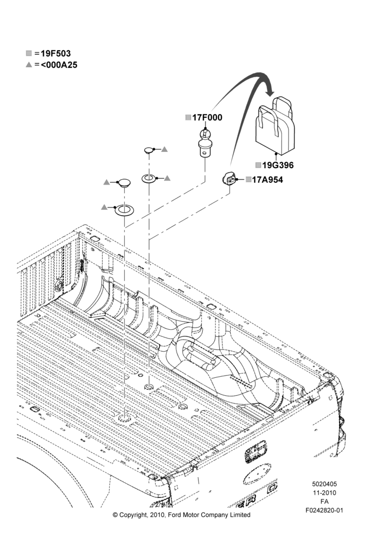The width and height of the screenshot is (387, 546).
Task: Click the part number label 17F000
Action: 207,118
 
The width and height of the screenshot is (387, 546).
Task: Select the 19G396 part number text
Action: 278,165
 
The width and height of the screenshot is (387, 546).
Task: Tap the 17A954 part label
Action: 267,180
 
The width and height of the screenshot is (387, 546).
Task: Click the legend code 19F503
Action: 55,54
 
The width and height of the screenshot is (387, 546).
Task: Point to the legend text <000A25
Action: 59,65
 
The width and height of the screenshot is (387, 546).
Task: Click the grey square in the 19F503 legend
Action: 29,54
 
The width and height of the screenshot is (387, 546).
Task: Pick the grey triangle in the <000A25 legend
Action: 29,64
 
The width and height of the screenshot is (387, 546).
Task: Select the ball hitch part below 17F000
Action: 204,143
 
